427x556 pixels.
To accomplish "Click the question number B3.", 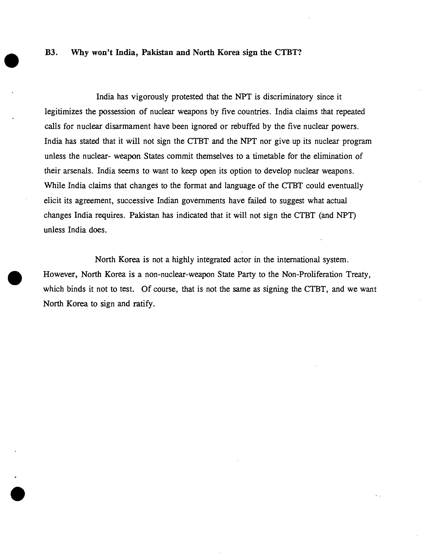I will click(x=51, y=53).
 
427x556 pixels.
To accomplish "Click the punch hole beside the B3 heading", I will click(x=11, y=60).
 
